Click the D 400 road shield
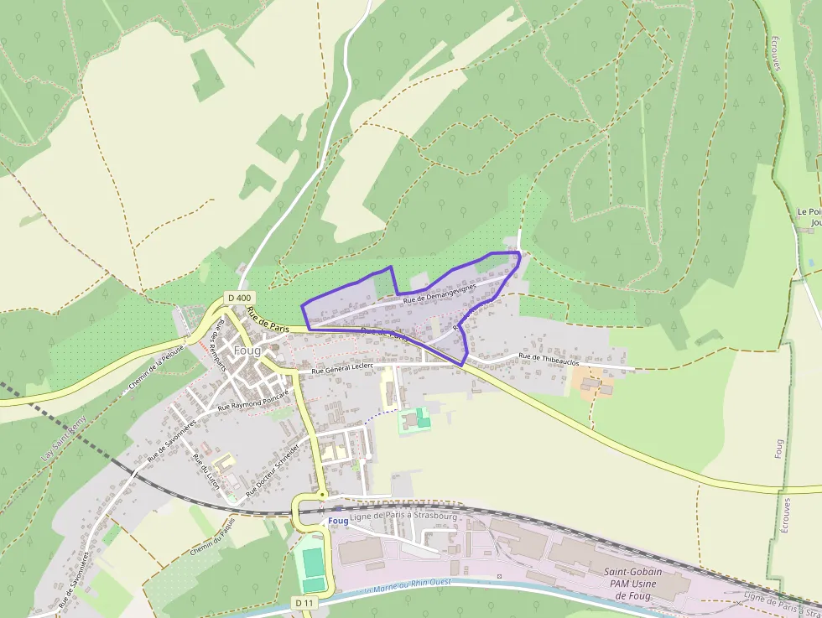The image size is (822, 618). tap(239, 298)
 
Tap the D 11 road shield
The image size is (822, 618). tap(304, 602)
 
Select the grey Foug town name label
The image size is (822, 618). tap(247, 350)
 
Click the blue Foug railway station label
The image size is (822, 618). tap(338, 521)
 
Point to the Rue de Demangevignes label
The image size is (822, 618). tap(439, 293)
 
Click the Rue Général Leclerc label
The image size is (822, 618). tap(341, 369)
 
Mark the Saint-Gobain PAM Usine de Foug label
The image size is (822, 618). tap(633, 583)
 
